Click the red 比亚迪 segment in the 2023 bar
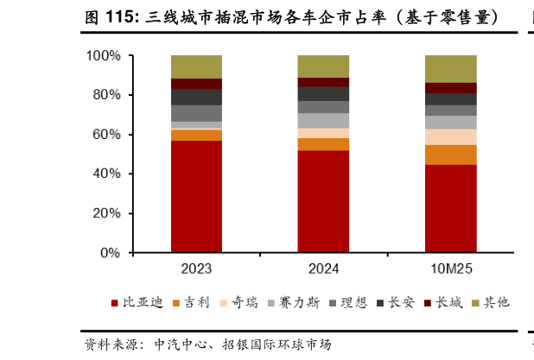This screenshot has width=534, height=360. click(196, 196)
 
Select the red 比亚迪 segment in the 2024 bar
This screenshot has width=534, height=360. click(323, 201)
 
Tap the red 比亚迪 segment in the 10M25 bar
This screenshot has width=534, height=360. click(450, 208)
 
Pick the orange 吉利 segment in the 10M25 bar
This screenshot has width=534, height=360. click(450, 155)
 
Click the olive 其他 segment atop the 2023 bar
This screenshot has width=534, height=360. click(196, 66)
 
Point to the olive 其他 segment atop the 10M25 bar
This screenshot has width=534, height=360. click(450, 68)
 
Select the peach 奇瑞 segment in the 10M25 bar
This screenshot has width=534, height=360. click(450, 136)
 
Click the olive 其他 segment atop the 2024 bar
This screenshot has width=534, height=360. click(323, 66)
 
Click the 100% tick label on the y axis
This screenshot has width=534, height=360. click(103, 56)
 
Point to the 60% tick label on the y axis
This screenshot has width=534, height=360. click(106, 135)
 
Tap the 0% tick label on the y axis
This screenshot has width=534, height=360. click(110, 254)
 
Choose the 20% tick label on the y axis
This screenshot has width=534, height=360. click(106, 214)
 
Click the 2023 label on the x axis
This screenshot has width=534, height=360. click(196, 269)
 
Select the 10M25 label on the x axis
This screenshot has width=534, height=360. click(450, 269)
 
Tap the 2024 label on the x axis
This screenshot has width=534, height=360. click(323, 269)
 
